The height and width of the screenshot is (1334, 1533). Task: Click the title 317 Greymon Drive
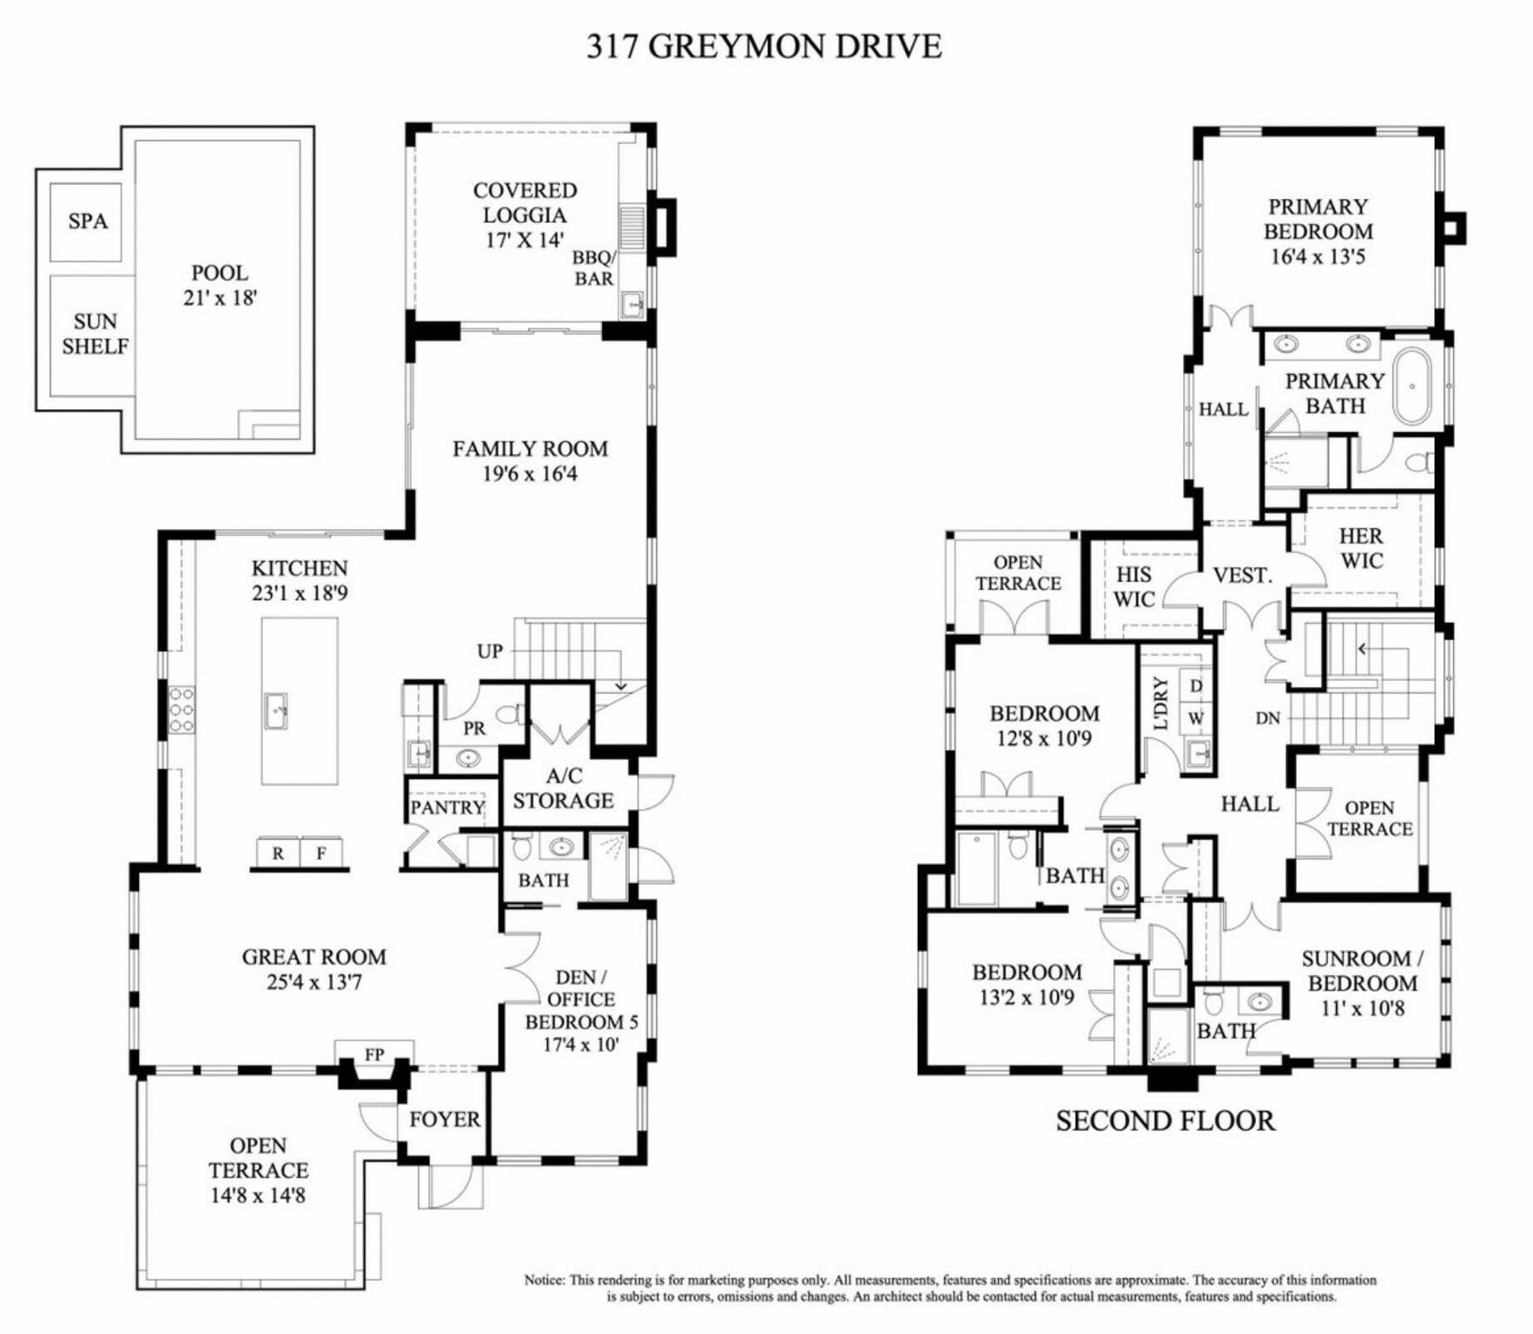point(763,45)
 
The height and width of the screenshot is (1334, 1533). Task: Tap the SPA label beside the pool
point(88,221)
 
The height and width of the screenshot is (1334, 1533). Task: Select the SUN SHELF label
point(95,333)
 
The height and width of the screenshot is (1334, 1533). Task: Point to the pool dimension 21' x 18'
point(220,297)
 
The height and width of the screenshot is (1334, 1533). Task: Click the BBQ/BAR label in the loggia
point(594,267)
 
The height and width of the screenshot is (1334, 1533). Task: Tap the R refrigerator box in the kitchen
point(278,853)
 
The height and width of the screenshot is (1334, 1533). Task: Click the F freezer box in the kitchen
point(321,853)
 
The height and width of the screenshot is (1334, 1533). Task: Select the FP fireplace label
point(374,1054)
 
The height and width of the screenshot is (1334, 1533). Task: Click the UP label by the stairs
point(490,650)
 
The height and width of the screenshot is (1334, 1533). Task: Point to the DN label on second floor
point(1268,718)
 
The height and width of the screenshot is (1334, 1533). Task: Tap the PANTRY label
point(447,807)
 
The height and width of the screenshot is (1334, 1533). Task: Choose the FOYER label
point(445,1119)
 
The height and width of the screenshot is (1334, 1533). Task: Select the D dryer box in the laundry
point(1196,685)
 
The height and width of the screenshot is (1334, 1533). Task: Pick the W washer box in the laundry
point(1196,718)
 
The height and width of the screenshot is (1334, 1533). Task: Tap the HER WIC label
point(1361,548)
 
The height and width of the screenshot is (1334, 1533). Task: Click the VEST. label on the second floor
point(1242,575)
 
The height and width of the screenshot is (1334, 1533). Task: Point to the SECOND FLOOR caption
point(1166,1120)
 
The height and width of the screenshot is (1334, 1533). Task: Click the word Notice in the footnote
point(544,1279)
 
